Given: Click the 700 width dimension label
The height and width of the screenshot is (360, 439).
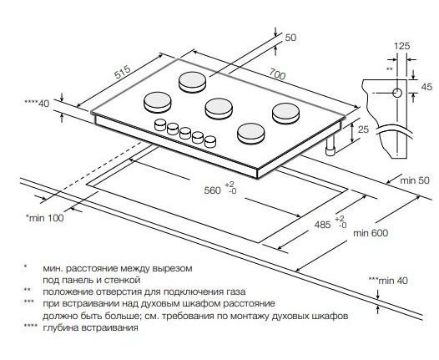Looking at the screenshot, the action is coord(277,74).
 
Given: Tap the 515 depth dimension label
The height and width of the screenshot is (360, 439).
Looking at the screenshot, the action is coord(123,73).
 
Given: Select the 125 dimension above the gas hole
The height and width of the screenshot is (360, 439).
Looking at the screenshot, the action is coord(402,46).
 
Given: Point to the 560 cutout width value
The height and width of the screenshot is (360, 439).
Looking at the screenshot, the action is coord(213,190).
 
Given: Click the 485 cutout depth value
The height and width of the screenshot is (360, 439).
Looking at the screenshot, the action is coord(322,225).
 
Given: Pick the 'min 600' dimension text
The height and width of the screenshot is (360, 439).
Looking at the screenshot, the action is coord(371,233).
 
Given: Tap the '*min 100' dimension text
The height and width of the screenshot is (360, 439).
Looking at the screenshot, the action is coord(44,218).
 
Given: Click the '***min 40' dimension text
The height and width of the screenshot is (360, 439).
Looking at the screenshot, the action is coord(388,281).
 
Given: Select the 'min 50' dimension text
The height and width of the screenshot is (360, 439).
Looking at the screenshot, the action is coord(414,180).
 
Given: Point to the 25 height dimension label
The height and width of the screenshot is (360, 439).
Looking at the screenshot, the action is coord(363,129).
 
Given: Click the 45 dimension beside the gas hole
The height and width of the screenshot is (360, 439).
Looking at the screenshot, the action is coord(426,87).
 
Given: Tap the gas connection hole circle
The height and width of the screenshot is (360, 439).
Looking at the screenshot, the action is coord(397,93).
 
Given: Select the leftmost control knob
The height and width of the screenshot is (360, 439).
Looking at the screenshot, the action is coord(160,124).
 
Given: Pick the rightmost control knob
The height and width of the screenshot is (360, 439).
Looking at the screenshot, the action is coord(210,141).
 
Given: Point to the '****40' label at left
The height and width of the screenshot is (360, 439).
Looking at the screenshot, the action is coord(37,104).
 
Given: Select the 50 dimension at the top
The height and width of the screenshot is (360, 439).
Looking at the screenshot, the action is coord(290,38).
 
